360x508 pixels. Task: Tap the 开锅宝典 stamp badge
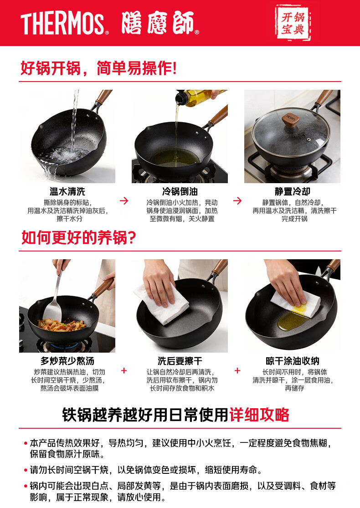(293, 23)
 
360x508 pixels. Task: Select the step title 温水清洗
(67, 191)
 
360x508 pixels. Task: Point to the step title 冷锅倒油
(180, 191)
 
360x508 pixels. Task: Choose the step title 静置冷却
(292, 191)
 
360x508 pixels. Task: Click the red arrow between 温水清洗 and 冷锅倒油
(124, 201)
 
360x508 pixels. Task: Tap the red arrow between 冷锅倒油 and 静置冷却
(237, 201)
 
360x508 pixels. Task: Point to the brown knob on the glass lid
(290, 119)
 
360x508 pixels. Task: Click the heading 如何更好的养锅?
(78, 238)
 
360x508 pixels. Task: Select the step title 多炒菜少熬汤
(67, 361)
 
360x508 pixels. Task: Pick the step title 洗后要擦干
(180, 361)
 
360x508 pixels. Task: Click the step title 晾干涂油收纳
(292, 361)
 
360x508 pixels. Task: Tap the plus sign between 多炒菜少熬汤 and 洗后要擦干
(124, 370)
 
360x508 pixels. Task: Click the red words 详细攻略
(259, 415)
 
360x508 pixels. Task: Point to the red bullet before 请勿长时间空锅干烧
(26, 470)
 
